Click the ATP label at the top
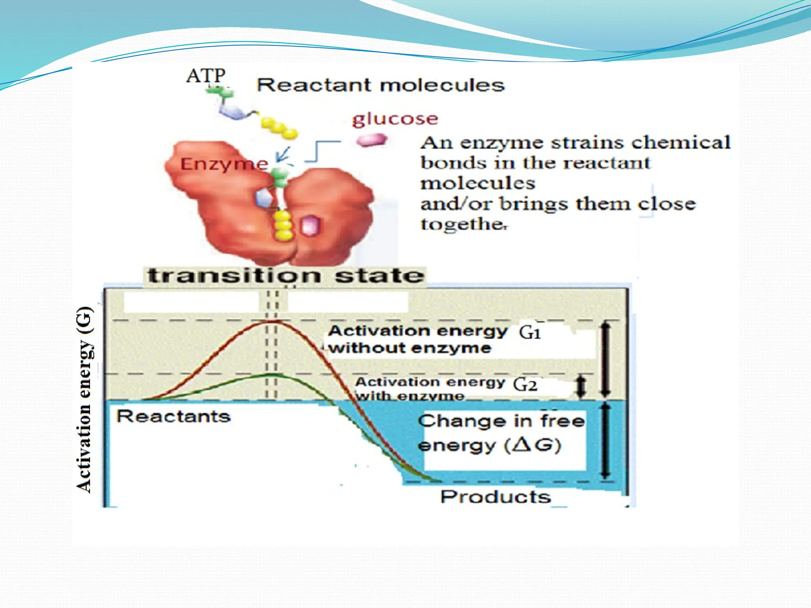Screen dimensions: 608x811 click(x=206, y=76)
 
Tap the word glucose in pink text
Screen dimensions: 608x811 click(x=395, y=119)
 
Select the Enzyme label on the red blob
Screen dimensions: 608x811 click(x=224, y=164)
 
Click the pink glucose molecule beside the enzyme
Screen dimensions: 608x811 click(x=371, y=140)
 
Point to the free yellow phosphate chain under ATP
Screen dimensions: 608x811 click(x=279, y=128)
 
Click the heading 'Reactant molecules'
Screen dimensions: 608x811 click(x=381, y=85)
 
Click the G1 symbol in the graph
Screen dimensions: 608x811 click(x=530, y=332)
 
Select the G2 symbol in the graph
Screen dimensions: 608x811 click(x=525, y=384)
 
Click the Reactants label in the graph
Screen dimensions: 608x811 click(x=173, y=416)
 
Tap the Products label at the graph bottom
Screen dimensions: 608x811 click(x=495, y=496)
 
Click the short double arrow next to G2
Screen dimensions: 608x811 click(x=581, y=387)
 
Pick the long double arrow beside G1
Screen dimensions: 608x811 click(x=605, y=360)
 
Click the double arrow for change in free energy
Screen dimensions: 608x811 click(x=605, y=441)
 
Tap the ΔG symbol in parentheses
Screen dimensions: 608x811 click(x=533, y=446)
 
